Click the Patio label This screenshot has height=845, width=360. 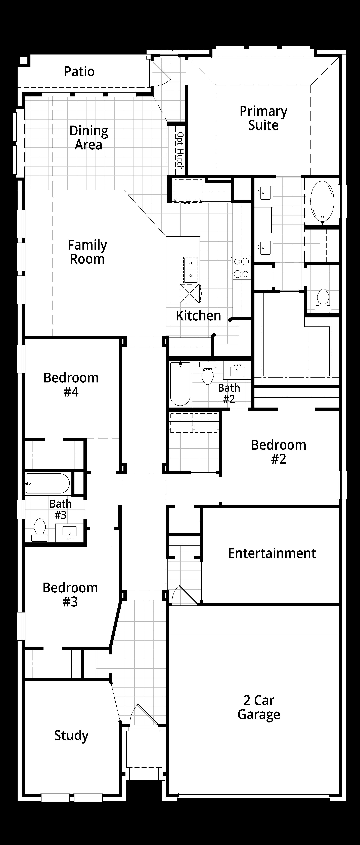coord(79,72)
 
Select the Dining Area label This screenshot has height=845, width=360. coord(89,138)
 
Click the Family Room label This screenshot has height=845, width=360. coord(87,252)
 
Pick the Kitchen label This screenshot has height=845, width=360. coord(198,316)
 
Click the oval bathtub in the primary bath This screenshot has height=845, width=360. coord(322,201)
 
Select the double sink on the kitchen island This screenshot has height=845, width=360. coord(190,270)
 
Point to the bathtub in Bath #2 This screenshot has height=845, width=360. coord(180,384)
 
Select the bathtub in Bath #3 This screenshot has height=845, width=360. coord(48,483)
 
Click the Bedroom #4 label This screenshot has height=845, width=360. coord(71,384)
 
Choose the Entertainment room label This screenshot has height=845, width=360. coord(272,553)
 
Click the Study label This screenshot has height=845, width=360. coord(71,736)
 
